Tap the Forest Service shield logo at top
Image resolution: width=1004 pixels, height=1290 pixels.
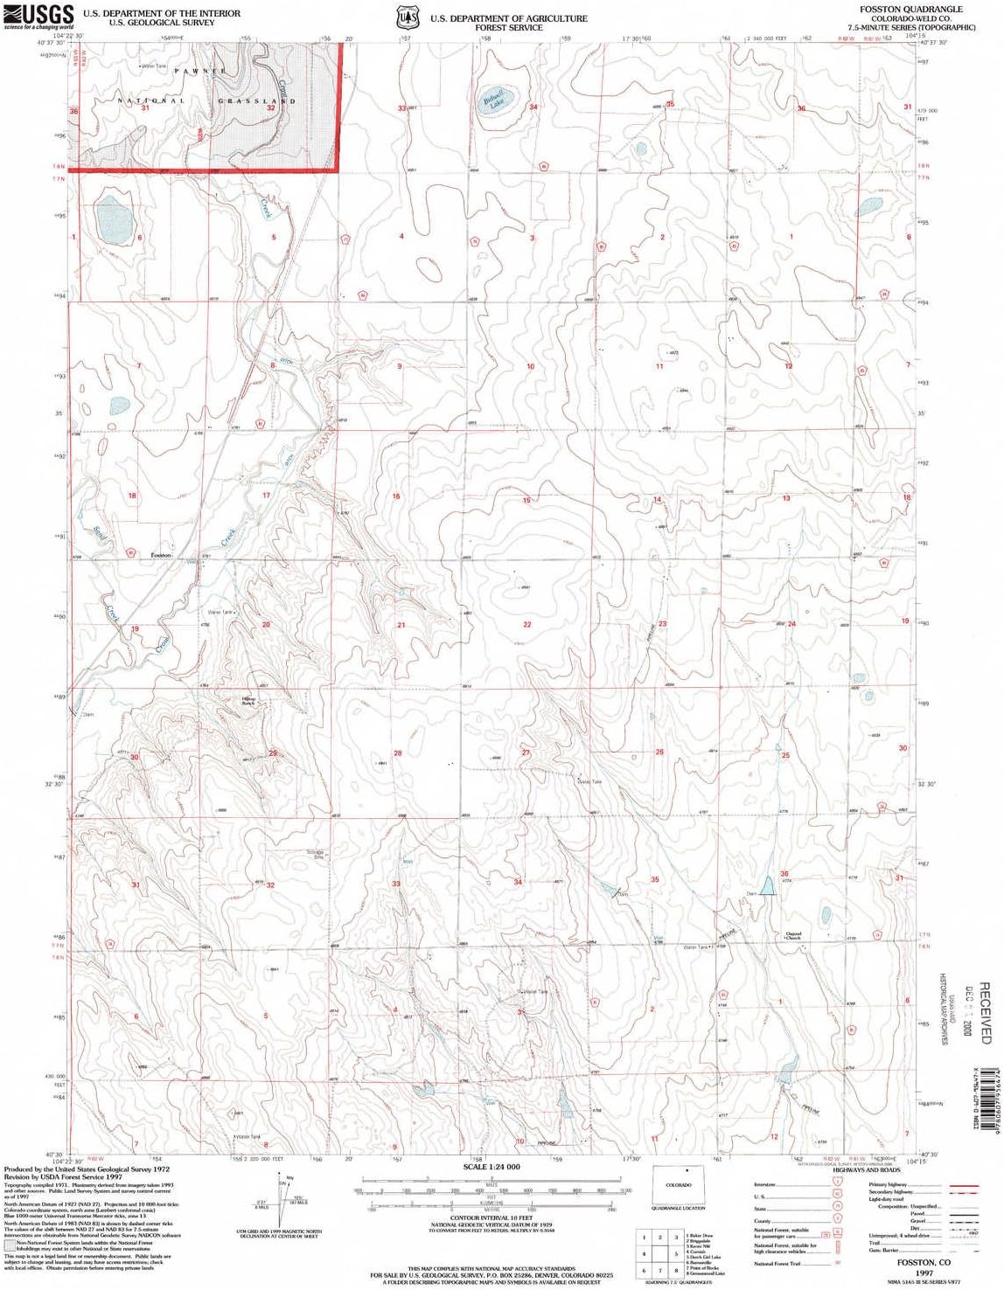405,17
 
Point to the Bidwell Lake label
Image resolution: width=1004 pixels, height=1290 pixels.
495,102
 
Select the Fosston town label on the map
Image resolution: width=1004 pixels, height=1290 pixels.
161,555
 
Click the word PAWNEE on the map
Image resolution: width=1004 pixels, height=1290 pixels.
200,71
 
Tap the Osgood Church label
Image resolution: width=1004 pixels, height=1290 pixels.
793,936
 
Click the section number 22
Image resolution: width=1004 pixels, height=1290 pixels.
527,624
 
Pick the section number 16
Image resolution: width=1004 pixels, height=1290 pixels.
396,496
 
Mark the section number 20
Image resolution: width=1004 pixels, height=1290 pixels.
266,624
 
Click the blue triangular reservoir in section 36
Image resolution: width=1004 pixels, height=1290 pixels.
767,886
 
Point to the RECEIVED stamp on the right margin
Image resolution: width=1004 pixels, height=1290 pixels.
985,1013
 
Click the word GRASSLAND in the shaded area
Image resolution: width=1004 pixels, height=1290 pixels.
257,101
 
